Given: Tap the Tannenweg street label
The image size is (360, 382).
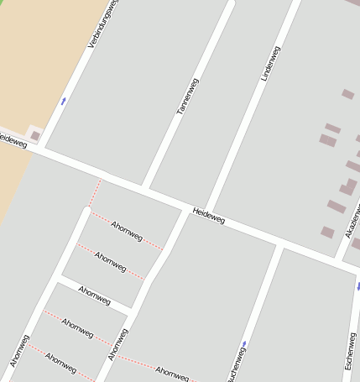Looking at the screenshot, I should pos(187,96).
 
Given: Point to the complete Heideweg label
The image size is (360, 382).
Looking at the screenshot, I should pos(208,216).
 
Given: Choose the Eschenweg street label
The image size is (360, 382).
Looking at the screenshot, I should pos(351,332).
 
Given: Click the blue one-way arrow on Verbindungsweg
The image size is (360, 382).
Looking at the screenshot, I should pos(63,101).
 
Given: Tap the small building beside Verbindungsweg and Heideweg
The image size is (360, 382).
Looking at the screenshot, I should pos(35,135).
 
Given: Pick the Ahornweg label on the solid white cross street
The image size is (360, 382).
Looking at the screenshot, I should pos(94,296).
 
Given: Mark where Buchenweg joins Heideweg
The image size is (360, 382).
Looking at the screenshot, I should pos(279,244).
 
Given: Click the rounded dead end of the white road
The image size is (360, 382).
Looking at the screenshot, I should pos(86,210).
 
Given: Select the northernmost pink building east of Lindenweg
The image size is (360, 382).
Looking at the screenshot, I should pos(347,94).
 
